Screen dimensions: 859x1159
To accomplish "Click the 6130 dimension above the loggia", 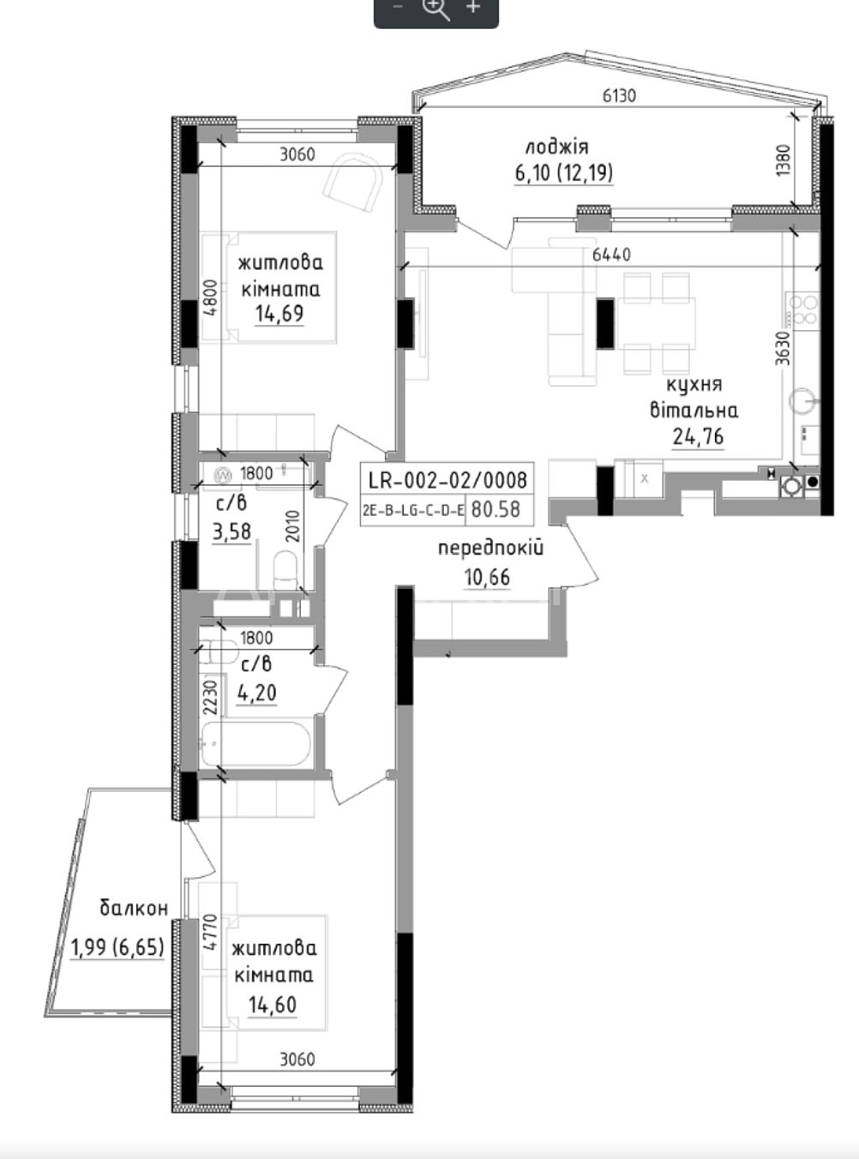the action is click(619, 96).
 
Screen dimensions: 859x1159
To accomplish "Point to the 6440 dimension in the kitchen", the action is click(611, 255).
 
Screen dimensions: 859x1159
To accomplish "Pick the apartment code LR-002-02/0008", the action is click(448, 480).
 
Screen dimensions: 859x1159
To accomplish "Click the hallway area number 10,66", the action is click(487, 578).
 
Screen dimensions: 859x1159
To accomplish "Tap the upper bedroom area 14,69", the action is click(279, 314).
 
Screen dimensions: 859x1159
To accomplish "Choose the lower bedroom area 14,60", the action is click(273, 1005).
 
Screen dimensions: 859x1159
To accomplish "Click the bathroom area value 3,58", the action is click(232, 532).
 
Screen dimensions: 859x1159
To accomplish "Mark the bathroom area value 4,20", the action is click(256, 694).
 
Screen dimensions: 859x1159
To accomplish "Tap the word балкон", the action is click(134, 908).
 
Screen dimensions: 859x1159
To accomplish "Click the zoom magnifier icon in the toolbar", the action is click(437, 9).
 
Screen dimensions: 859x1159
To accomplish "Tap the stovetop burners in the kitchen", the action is click(803, 309).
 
